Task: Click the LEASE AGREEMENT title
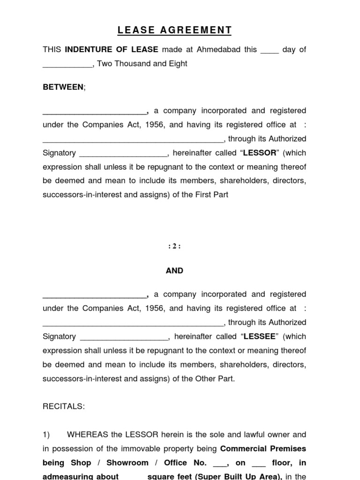coord(174,30)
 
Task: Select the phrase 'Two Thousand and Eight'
coord(142,64)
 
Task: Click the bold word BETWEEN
coord(63,87)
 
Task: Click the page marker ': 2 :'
coord(174,247)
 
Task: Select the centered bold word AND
coord(174,270)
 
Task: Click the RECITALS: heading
coord(64,406)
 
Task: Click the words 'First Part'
coord(211,195)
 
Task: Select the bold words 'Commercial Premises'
coord(263,449)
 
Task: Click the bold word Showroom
coord(127,463)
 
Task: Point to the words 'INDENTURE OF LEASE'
coord(112,50)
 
